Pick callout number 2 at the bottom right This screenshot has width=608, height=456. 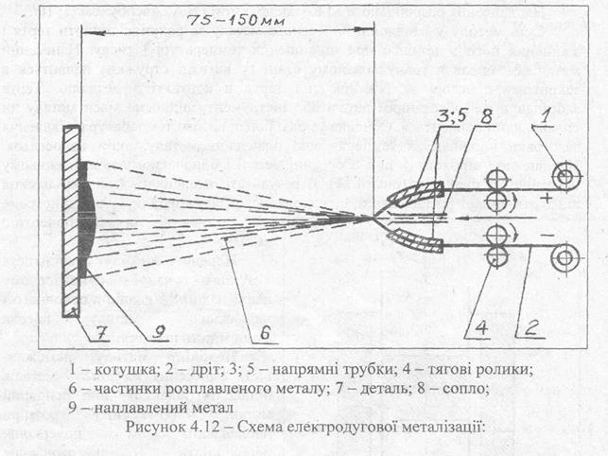527,328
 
